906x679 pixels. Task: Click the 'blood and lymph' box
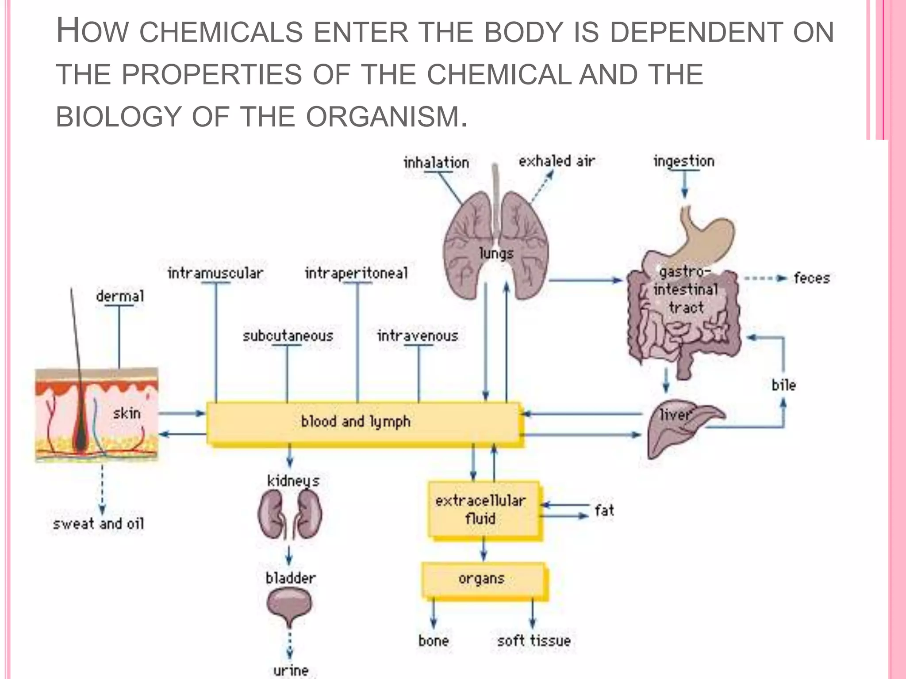click(363, 422)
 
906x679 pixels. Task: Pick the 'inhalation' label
click(436, 163)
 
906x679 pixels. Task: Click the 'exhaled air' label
click(557, 161)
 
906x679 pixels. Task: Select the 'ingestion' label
click(684, 161)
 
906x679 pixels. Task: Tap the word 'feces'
click(811, 278)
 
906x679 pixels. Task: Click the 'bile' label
click(783, 385)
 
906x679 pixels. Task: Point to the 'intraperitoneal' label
click(356, 273)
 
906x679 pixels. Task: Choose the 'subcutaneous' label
click(288, 336)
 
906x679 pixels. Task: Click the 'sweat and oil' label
click(99, 524)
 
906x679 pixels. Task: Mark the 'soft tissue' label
click(534, 641)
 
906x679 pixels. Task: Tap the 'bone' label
click(434, 641)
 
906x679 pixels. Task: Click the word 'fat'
click(604, 511)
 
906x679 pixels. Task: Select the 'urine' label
click(291, 670)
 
